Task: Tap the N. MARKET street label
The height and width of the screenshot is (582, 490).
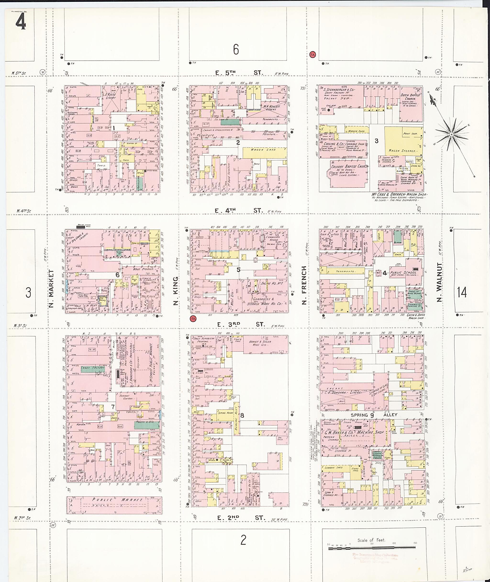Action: click(x=51, y=288)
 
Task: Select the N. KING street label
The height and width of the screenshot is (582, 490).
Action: click(x=175, y=291)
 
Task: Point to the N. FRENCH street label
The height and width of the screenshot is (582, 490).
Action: click(x=304, y=285)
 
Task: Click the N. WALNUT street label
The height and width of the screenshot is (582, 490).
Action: click(x=439, y=282)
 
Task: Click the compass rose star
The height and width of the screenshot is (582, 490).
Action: click(x=451, y=135)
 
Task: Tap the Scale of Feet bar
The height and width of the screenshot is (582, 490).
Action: click(x=372, y=549)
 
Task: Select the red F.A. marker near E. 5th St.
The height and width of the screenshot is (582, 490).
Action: click(x=312, y=55)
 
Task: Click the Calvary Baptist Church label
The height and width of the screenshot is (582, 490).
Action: click(x=350, y=166)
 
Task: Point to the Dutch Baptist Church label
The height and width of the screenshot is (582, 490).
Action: click(x=410, y=97)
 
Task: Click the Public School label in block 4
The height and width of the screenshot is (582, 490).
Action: click(x=403, y=273)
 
